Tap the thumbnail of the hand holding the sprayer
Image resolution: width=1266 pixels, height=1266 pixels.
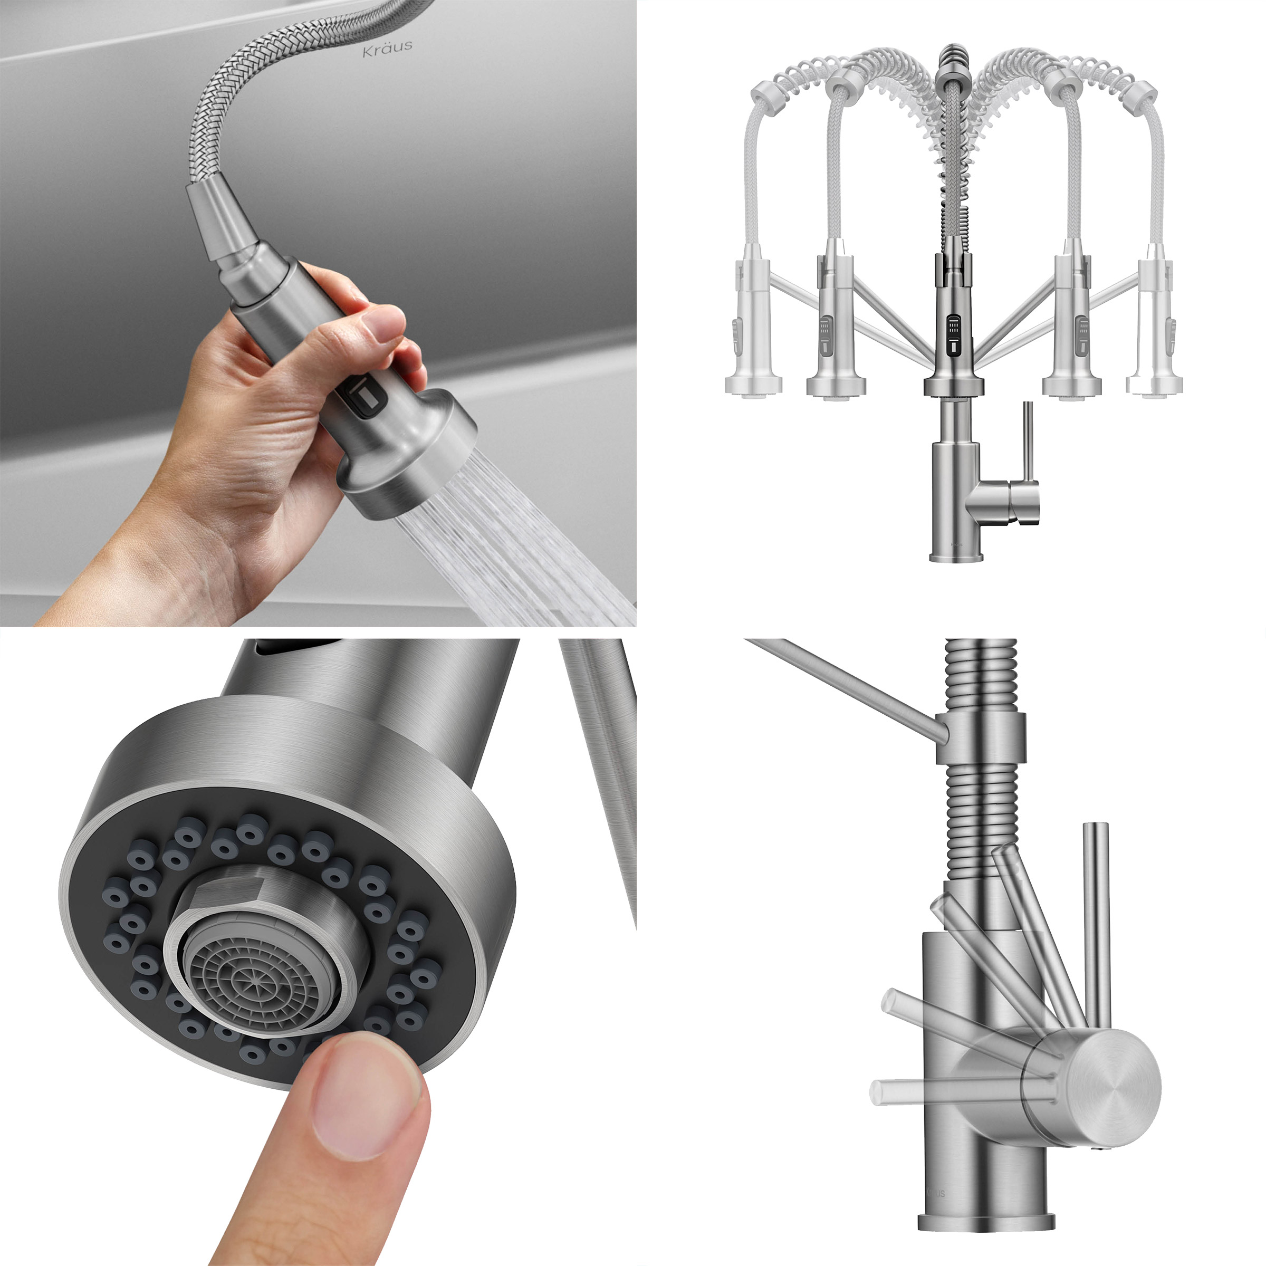(318, 313)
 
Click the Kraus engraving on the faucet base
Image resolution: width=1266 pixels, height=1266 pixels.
(936, 1193)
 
